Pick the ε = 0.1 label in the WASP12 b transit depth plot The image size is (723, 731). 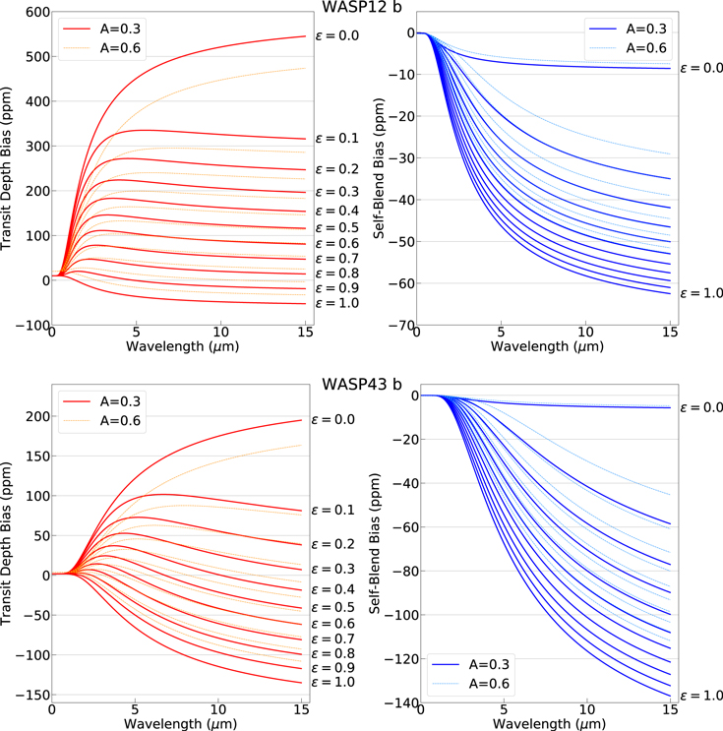pos(335,139)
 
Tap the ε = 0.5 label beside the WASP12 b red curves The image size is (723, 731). pos(335,227)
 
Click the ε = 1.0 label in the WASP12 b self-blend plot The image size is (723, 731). pos(700,293)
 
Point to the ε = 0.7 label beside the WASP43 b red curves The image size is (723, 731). pos(335,639)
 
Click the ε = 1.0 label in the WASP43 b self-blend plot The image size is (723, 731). pos(700,696)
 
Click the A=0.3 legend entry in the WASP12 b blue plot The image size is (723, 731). pos(644,28)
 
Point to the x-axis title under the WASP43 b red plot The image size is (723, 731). pos(179,723)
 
